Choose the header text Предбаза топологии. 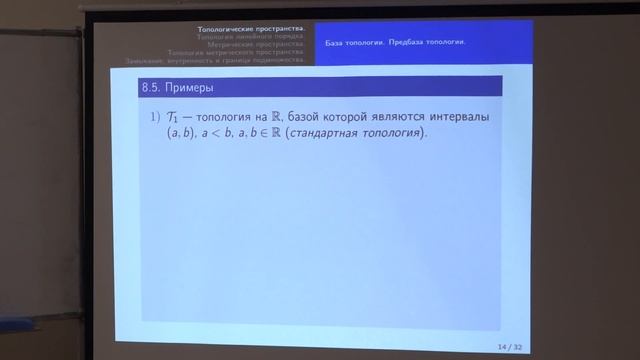(x=431, y=43)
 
